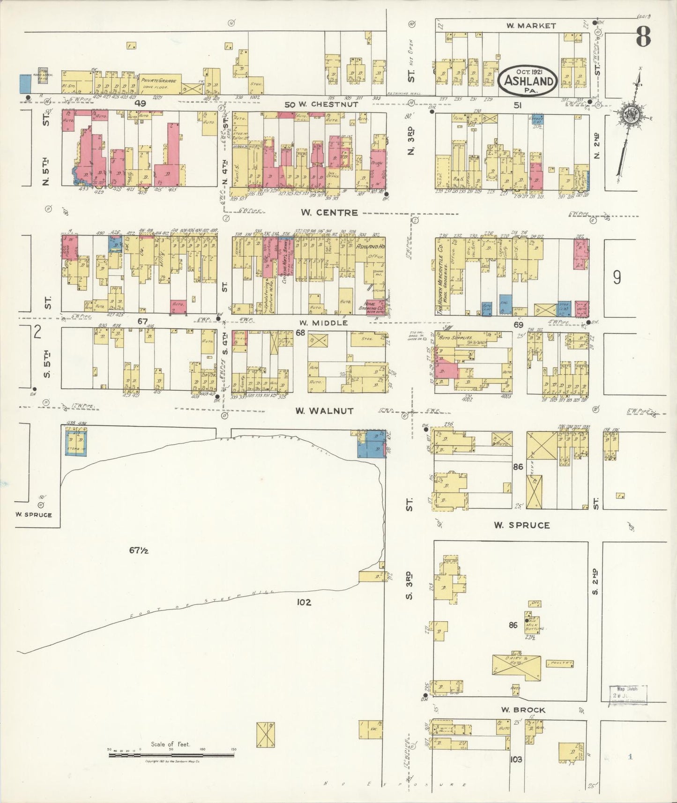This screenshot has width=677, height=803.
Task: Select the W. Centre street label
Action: pyautogui.click(x=329, y=212)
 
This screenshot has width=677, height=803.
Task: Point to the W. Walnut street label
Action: pyautogui.click(x=324, y=411)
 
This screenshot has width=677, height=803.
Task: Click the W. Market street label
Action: pyautogui.click(x=530, y=26)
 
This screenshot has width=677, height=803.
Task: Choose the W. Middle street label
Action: pyautogui.click(x=324, y=323)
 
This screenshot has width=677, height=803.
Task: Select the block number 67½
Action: pyautogui.click(x=139, y=550)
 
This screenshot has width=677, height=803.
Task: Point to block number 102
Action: pyautogui.click(x=304, y=602)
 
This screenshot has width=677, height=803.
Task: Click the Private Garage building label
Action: pyautogui.click(x=158, y=81)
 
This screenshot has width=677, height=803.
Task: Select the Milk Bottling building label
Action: pyautogui.click(x=535, y=626)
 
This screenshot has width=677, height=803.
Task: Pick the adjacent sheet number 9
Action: pyautogui.click(x=617, y=278)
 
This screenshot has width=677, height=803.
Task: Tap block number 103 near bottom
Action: pyautogui.click(x=516, y=759)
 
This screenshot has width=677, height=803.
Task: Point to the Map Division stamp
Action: pyautogui.click(x=627, y=695)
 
